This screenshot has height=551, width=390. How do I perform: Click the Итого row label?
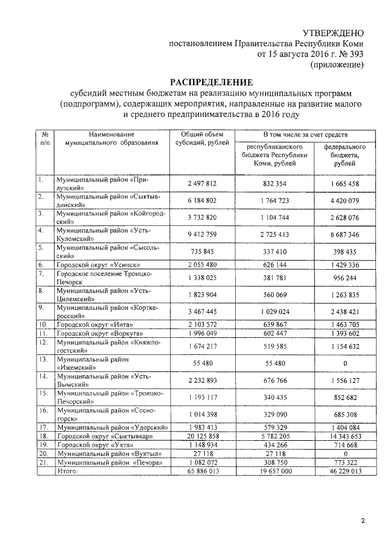click(x=66, y=471)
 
